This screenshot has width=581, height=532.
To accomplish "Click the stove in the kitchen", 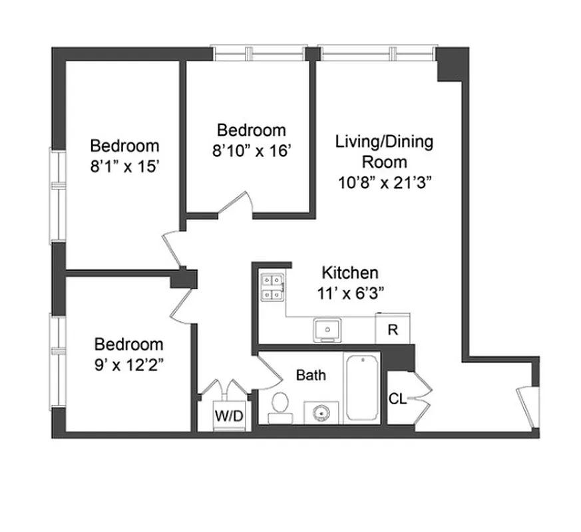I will click(273, 289).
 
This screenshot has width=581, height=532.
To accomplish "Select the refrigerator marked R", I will click(393, 331).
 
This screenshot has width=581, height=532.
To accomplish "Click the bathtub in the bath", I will click(362, 388).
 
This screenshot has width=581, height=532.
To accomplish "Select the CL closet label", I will click(397, 399).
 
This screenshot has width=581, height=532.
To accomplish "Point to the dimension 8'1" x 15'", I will click(125, 167).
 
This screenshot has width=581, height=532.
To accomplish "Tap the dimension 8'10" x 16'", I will click(252, 150).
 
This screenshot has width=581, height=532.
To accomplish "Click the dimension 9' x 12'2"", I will click(129, 365).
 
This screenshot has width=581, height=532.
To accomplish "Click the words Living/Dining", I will click(384, 142).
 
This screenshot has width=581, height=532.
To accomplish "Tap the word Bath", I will click(311, 376).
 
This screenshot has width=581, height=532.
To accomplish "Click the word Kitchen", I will click(350, 272).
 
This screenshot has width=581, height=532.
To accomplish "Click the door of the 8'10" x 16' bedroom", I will click(238, 203).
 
